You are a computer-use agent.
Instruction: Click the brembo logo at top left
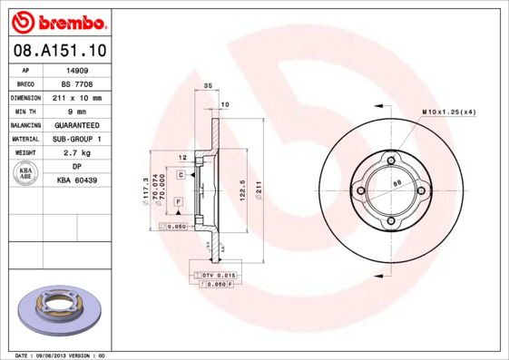(57, 21)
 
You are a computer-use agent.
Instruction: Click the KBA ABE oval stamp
(25, 173)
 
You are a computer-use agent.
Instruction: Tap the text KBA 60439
(76, 180)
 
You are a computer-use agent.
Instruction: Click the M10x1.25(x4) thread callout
(449, 112)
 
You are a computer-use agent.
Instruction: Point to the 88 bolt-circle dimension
(396, 183)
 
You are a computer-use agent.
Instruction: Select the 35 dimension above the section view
(208, 85)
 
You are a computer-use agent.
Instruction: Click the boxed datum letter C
(181, 174)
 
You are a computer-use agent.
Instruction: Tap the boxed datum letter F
(179, 200)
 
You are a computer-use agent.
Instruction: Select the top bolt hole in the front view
(390, 161)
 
